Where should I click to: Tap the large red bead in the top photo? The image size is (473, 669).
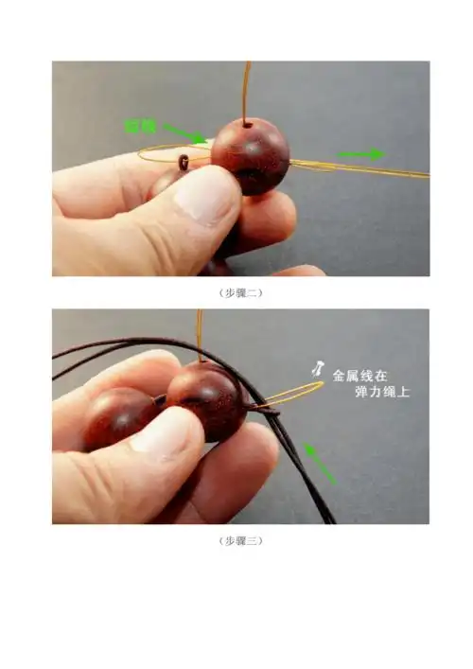tap(250, 155)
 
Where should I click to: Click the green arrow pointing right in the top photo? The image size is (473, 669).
tap(361, 153)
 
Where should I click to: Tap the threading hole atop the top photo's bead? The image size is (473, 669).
tap(248, 123)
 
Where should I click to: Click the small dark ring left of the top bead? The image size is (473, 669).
tap(183, 163)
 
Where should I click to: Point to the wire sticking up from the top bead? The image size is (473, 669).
tap(247, 90)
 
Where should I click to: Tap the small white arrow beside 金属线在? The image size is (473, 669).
tap(320, 368)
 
